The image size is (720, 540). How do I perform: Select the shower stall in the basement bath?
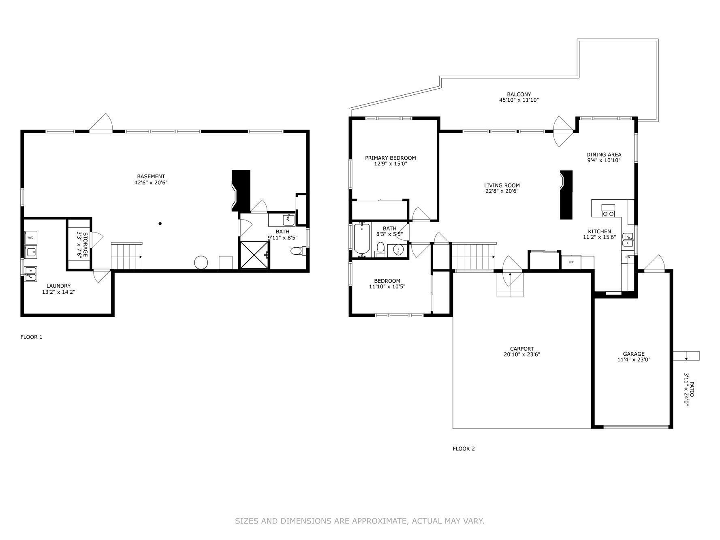tap(254, 255)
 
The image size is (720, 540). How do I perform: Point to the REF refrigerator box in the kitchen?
tap(571, 262)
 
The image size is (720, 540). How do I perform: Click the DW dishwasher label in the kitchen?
tap(628, 257)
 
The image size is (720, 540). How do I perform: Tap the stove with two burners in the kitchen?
tap(608, 210)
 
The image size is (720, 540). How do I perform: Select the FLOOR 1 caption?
tap(31, 337)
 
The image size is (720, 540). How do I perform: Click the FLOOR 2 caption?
tap(464, 448)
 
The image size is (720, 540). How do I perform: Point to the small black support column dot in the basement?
tap(160, 224)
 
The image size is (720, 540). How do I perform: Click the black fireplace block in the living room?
tap(566, 195)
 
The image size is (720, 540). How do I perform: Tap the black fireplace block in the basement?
tap(240, 191)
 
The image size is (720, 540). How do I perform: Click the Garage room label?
tap(634, 354)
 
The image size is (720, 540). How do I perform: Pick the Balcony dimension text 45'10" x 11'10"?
tap(519, 100)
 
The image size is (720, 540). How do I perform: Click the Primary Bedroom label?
tap(390, 158)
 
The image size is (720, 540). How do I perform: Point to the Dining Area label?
tap(604, 154)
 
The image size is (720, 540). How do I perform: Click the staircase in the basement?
tap(127, 256)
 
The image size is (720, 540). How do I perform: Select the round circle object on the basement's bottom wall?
tap(201, 263)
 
